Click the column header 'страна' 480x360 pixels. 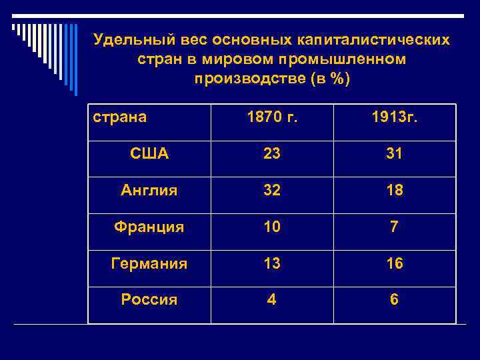(120, 118)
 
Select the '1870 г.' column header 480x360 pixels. (271, 118)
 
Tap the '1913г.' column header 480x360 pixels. (395, 118)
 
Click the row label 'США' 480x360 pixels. (149, 154)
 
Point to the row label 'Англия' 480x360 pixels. (149, 191)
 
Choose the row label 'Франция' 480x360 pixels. (149, 227)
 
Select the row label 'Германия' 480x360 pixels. (149, 263)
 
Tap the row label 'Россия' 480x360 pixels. (149, 299)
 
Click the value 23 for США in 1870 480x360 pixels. (271, 154)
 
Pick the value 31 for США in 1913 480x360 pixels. (395, 154)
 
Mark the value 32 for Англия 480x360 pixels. (271, 191)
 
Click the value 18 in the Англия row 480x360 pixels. (395, 191)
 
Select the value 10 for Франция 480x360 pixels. (271, 227)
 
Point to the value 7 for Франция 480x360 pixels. (395, 227)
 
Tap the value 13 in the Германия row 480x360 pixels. (271, 263)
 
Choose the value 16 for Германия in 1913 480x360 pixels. (395, 263)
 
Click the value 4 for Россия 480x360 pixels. (271, 299)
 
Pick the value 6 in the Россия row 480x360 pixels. (395, 299)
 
